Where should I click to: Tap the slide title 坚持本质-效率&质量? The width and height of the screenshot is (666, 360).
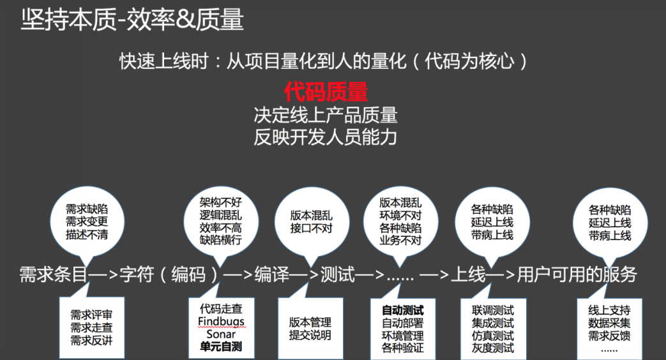tap(132, 21)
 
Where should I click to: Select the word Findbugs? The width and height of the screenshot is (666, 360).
tap(221, 321)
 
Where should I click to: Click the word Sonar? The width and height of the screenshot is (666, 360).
tap(221, 334)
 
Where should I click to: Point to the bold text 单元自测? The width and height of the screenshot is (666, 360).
tap(221, 347)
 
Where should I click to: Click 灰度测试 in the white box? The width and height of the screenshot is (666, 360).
tap(492, 348)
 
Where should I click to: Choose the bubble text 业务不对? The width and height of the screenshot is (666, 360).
tap(401, 241)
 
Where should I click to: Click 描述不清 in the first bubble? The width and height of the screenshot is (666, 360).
tap(87, 234)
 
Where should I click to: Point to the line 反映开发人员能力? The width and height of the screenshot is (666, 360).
tap(326, 137)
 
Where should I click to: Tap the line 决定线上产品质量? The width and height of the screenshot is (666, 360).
tap(326, 116)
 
